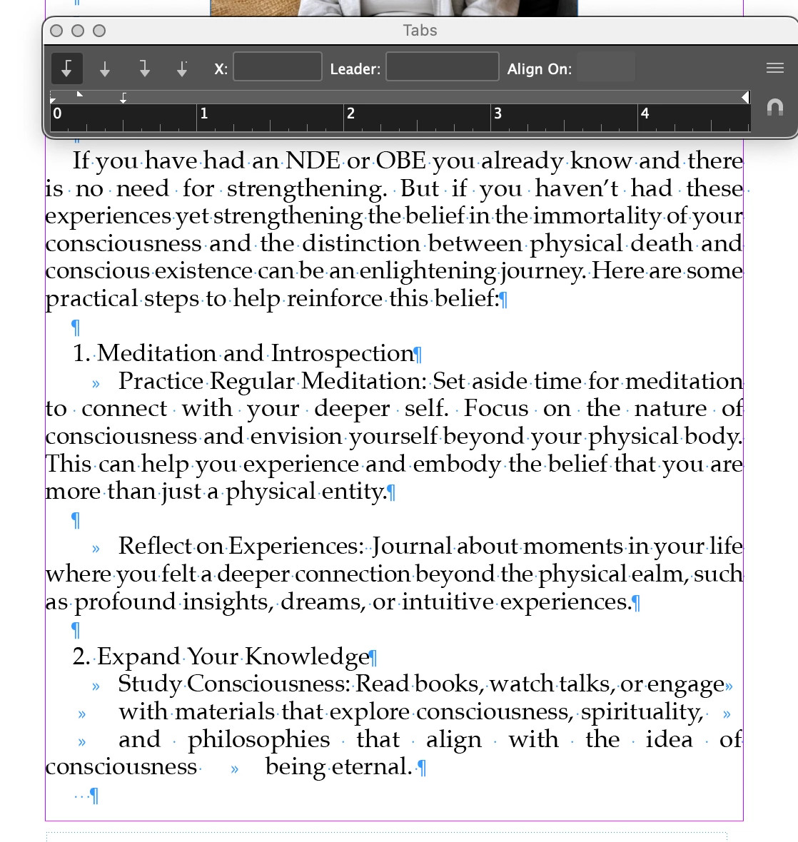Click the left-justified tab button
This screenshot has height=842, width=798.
(x=67, y=69)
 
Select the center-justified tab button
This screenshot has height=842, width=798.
(x=105, y=69)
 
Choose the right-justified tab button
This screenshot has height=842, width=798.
(x=144, y=69)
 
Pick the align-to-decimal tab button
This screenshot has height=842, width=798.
(x=182, y=69)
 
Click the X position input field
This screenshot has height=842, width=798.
(x=278, y=67)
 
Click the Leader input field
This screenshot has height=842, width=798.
(x=442, y=67)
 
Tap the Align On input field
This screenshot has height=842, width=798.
(x=605, y=68)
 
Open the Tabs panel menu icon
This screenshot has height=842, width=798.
(x=774, y=68)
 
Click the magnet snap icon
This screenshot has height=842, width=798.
(x=774, y=108)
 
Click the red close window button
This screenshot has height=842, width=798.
(x=57, y=31)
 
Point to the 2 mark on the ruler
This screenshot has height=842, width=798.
(x=350, y=113)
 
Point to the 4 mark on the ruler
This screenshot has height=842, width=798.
(x=645, y=113)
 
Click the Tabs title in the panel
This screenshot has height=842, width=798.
(x=420, y=31)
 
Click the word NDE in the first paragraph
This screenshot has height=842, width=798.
(x=313, y=161)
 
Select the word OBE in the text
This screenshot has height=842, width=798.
(x=400, y=161)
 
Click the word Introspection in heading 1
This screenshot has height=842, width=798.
(x=342, y=354)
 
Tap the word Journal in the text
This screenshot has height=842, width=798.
(x=411, y=547)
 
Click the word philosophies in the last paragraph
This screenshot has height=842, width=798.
(x=258, y=740)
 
